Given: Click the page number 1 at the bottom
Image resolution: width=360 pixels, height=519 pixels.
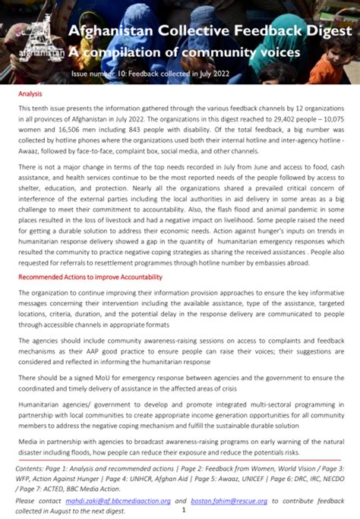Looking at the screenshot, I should (183, 511).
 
